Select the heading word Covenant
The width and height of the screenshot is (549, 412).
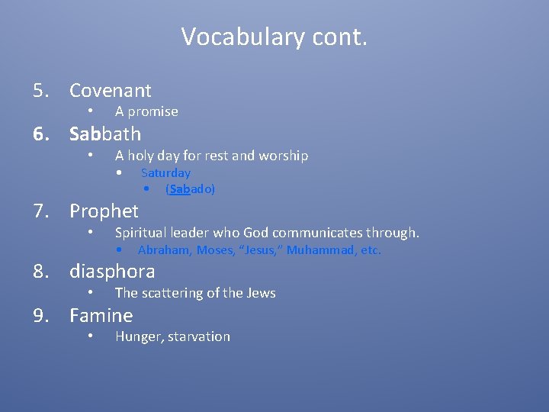pyautogui.click(x=111, y=91)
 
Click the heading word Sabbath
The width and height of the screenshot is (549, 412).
pyautogui.click(x=105, y=134)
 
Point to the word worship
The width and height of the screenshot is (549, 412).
pyautogui.click(x=283, y=156)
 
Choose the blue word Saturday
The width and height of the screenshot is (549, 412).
pyautogui.click(x=165, y=173)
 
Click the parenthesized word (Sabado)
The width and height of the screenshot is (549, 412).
pyautogui.click(x=191, y=189)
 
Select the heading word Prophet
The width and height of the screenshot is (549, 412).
pyautogui.click(x=104, y=211)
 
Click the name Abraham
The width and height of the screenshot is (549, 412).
pyautogui.click(x=165, y=250)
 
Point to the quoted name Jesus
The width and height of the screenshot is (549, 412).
pyautogui.click(x=259, y=250)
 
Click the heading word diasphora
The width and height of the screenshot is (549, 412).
pyautogui.click(x=112, y=272)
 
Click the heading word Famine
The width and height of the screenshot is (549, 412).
pyautogui.click(x=101, y=316)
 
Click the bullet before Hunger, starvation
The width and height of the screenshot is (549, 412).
pyautogui.click(x=90, y=336)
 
